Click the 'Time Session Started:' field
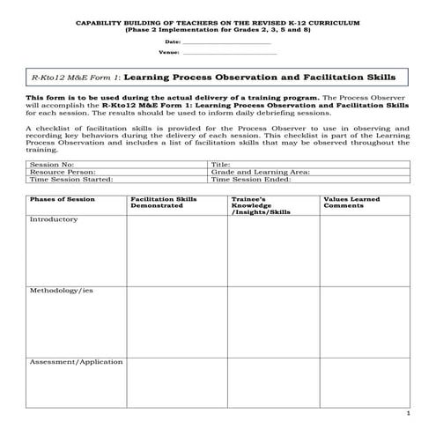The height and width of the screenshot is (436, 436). click(x=71, y=179)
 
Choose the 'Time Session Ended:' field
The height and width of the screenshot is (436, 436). click(x=250, y=179)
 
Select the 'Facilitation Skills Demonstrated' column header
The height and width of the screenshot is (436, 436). click(x=164, y=203)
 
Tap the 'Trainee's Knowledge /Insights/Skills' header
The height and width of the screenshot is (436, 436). click(x=261, y=206)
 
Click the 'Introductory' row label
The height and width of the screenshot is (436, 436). click(x=54, y=219)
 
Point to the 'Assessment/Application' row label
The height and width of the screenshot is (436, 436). click(x=76, y=362)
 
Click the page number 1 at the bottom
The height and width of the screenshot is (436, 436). click(x=407, y=413)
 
